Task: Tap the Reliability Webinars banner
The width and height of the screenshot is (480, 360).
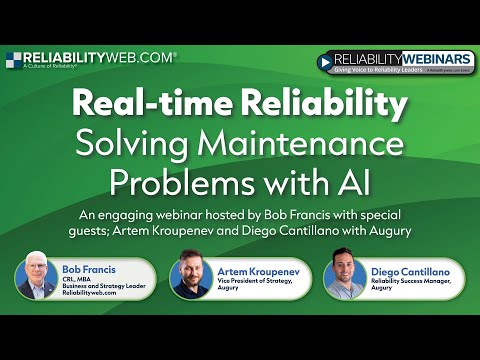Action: (x=395, y=62)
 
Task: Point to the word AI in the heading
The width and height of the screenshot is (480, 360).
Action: (x=353, y=184)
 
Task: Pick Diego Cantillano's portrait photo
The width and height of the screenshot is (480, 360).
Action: (x=346, y=279)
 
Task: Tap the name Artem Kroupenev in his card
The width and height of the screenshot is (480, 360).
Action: (x=246, y=270)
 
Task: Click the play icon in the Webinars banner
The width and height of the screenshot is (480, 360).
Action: (x=326, y=62)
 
